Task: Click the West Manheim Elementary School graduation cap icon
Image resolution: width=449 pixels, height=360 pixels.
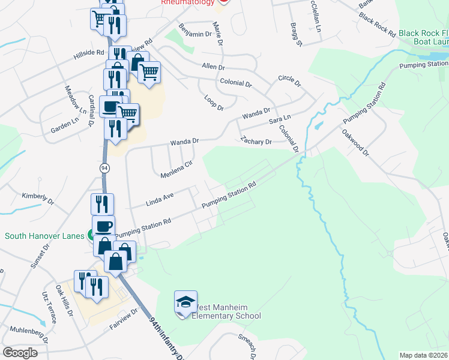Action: click(185, 301)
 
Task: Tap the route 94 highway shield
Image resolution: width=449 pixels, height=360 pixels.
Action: click(105, 169)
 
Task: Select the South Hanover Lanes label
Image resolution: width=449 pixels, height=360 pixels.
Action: click(44, 236)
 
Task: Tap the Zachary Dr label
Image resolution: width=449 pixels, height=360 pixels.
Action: click(256, 142)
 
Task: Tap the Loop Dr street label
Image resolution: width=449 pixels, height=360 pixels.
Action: click(214, 103)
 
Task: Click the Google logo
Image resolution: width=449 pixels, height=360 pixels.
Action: click(20, 352)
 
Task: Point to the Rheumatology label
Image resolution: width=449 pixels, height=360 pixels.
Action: click(188, 2)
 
